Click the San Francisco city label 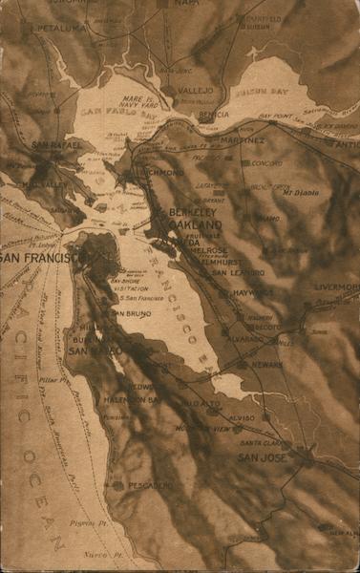point(37,258)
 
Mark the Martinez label point(243,140)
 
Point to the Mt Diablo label point(301,192)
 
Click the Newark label point(266,364)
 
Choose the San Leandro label point(238,272)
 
